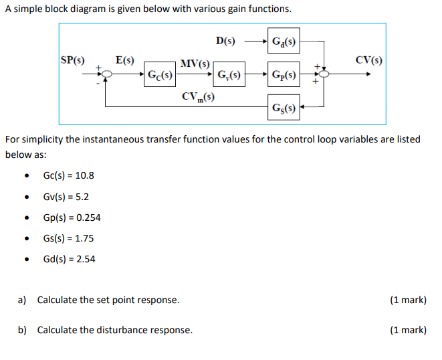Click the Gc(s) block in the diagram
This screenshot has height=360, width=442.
pyautogui.click(x=160, y=75)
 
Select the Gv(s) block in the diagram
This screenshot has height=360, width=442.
pyautogui.click(x=229, y=74)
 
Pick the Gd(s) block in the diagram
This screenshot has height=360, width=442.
pyautogui.click(x=284, y=41)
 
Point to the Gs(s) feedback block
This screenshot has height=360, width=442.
pyautogui.click(x=284, y=107)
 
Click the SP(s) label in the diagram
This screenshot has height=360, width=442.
pyautogui.click(x=73, y=60)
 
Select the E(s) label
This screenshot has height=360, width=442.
pyautogui.click(x=124, y=60)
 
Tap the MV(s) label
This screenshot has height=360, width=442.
pyautogui.click(x=195, y=64)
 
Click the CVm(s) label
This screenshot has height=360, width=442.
pyautogui.click(x=198, y=96)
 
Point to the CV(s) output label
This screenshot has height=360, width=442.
pyautogui.click(x=369, y=60)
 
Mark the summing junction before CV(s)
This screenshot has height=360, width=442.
pyautogui.click(x=324, y=75)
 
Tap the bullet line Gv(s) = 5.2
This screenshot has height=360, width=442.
pyautogui.click(x=66, y=197)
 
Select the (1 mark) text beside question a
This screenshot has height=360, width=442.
pyautogui.click(x=407, y=300)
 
